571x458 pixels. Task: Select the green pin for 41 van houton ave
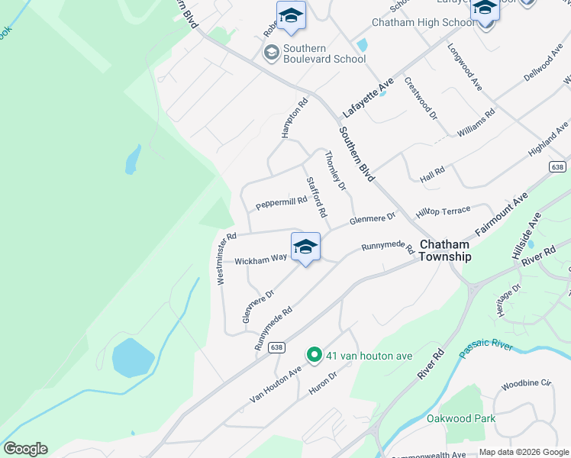click(313, 355)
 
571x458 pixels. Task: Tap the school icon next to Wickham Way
click(305, 247)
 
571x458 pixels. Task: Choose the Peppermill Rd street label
click(281, 202)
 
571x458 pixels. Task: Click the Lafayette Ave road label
click(367, 97)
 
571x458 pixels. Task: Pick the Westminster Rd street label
click(225, 259)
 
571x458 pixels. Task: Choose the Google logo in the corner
click(25, 449)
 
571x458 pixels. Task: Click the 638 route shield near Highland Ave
click(559, 166)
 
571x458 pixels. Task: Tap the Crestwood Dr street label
click(421, 98)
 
